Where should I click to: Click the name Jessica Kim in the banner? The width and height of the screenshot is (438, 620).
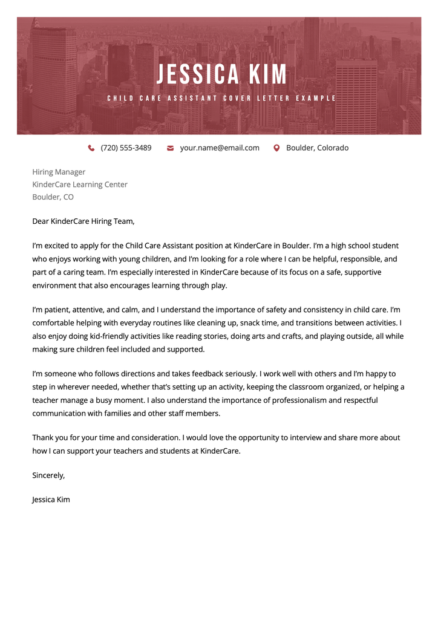(222, 74)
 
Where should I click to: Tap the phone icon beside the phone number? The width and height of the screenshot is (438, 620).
(91, 148)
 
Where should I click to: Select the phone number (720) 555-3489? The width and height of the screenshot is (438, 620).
(126, 148)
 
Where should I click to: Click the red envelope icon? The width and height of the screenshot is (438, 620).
(171, 148)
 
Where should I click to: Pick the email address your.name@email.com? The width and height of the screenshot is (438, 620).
(220, 148)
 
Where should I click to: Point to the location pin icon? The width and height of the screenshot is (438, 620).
(276, 148)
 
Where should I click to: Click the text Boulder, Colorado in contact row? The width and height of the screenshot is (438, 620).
(317, 148)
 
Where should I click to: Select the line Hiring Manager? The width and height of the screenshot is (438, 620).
(59, 172)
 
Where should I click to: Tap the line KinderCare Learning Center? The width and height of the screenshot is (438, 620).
(80, 184)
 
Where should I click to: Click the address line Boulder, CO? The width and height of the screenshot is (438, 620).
(53, 197)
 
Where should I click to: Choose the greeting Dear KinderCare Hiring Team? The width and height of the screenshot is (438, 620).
(83, 221)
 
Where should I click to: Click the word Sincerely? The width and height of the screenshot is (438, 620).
(48, 475)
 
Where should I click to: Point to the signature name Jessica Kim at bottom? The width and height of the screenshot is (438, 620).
(51, 500)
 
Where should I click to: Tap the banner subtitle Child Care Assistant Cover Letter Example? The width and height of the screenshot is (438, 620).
(221, 98)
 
